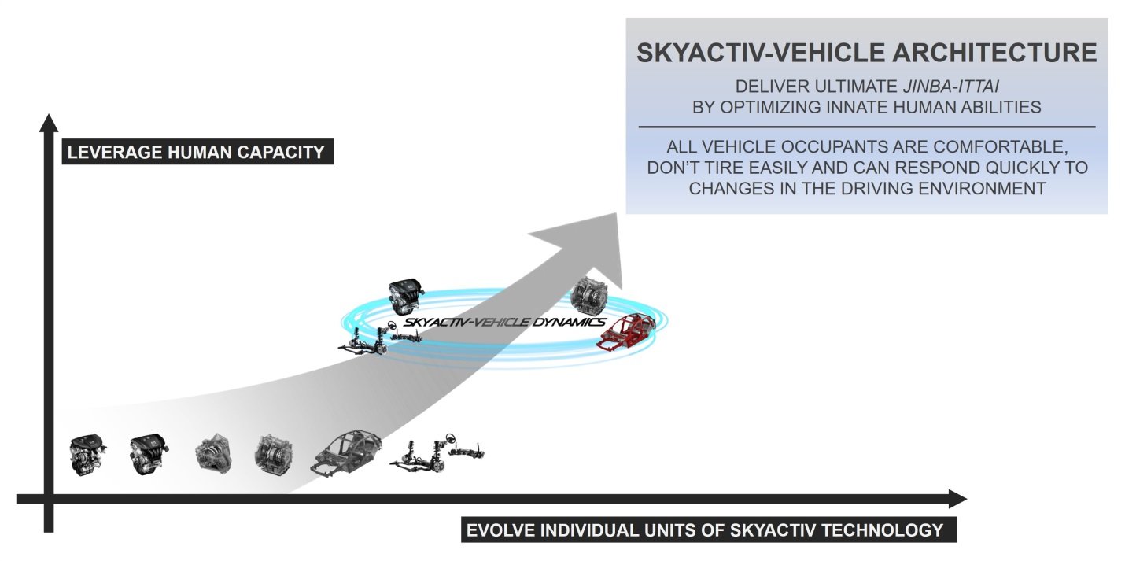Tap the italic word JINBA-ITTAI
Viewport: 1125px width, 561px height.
pyautogui.click(x=950, y=87)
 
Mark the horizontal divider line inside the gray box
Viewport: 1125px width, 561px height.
pyautogui.click(x=867, y=127)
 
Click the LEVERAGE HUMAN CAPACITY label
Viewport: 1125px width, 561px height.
pyautogui.click(x=198, y=152)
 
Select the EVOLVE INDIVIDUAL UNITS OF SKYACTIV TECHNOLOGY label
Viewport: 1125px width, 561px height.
pyautogui.click(x=709, y=530)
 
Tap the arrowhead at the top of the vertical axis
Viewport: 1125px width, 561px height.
pyautogui.click(x=49, y=123)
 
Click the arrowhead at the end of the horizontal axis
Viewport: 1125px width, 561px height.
pyautogui.click(x=957, y=499)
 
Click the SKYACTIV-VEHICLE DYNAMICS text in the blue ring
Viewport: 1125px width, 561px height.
pyautogui.click(x=505, y=322)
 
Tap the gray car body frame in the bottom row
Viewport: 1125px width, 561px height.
pyautogui.click(x=346, y=453)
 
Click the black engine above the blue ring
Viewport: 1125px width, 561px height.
pyautogui.click(x=406, y=297)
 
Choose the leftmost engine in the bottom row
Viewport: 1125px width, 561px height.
pyautogui.click(x=87, y=455)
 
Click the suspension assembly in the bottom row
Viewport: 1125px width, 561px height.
pyautogui.click(x=437, y=453)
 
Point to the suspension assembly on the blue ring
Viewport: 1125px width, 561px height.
pyautogui.click(x=380, y=338)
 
